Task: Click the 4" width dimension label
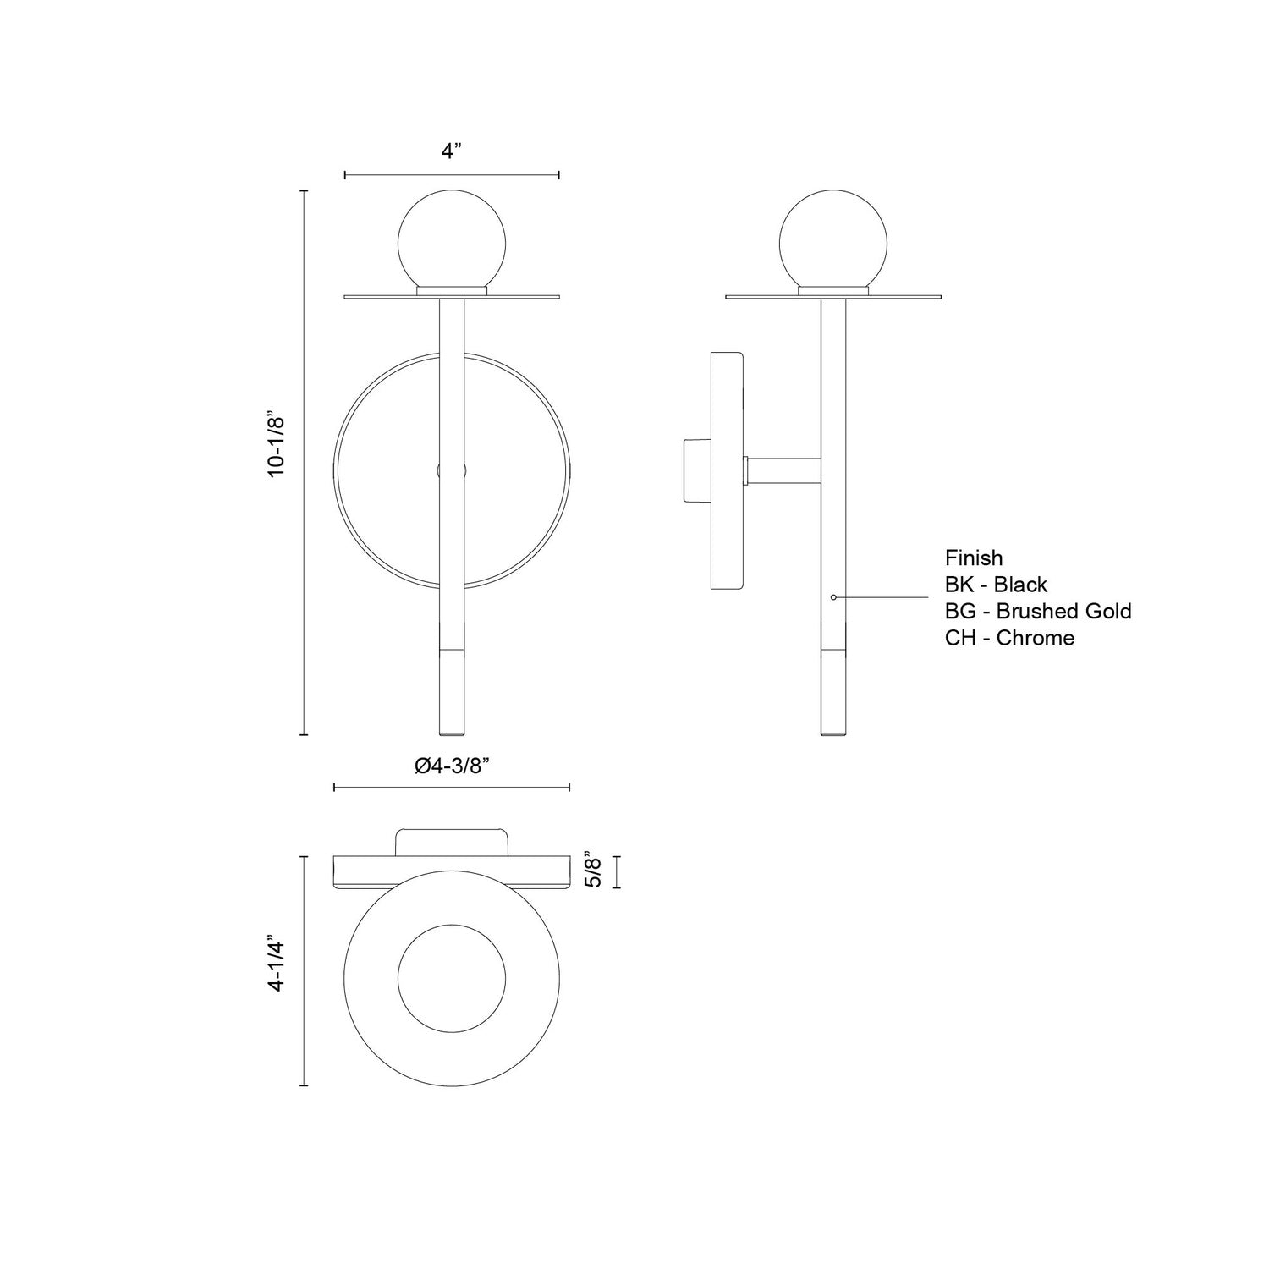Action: click(x=452, y=151)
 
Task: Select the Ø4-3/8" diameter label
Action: click(x=453, y=766)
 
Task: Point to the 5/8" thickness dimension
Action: click(x=594, y=871)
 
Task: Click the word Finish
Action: click(x=974, y=558)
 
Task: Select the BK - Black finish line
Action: click(x=996, y=585)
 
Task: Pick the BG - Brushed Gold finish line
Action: click(x=1037, y=611)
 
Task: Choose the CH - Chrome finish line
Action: click(x=1009, y=638)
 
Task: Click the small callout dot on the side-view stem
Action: click(x=833, y=597)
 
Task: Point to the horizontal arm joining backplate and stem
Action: click(x=783, y=470)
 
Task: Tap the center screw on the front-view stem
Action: click(x=452, y=470)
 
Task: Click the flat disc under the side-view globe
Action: click(x=834, y=297)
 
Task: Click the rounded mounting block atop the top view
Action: click(x=452, y=843)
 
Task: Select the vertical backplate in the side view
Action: click(x=727, y=470)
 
